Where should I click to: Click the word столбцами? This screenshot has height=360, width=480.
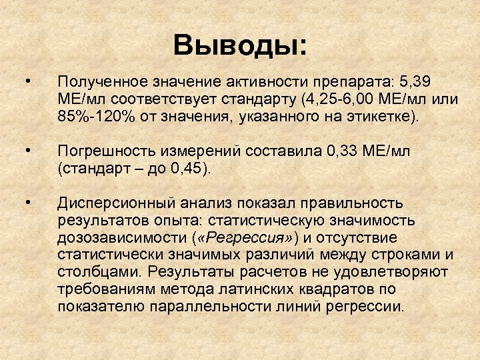100,273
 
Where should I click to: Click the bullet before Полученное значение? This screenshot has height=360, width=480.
26,82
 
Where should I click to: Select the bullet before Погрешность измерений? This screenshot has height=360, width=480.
26,151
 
